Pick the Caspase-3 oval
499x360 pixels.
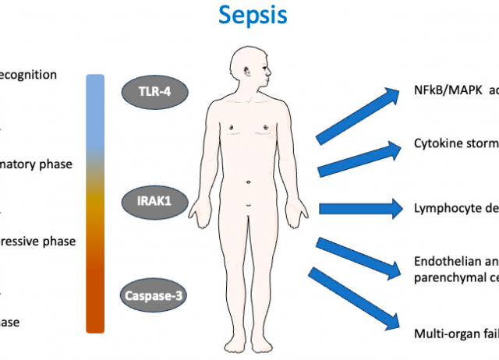click(154, 296)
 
